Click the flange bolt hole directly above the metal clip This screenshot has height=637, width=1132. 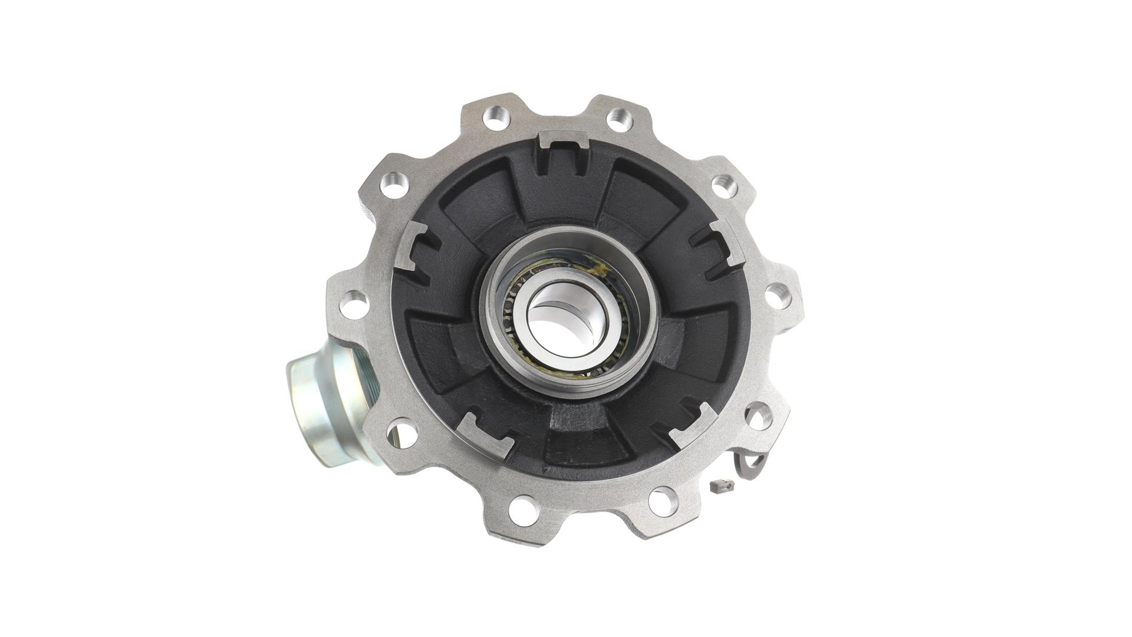[x=758, y=416]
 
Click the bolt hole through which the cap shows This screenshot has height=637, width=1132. [x=399, y=434]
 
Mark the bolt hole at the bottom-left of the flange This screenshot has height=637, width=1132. [x=522, y=508]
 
